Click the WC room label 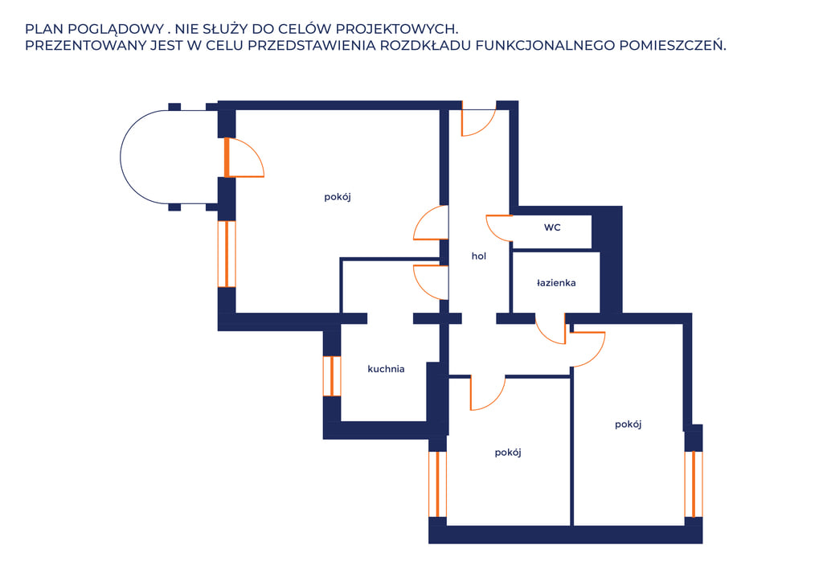tap(552, 227)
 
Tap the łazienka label tap(556, 283)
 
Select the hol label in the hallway tap(479, 256)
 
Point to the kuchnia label tap(386, 369)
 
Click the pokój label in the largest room tap(338, 197)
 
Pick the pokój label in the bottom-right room tap(629, 424)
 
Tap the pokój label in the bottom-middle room tap(508, 453)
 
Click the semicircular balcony tap(121, 157)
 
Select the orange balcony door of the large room tap(227, 158)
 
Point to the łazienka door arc tap(546, 336)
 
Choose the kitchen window tap(332, 375)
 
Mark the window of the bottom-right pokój tap(694, 484)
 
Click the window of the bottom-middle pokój tap(437, 484)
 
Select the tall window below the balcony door tap(227, 254)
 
